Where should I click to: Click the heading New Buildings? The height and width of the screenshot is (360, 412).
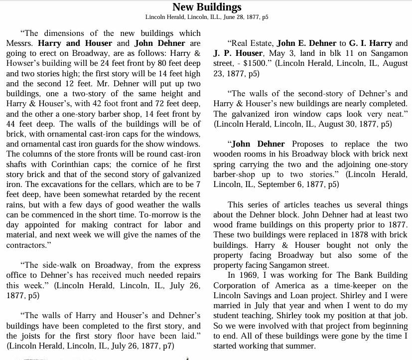tap(206, 7)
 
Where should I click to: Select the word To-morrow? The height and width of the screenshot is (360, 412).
tap(159, 214)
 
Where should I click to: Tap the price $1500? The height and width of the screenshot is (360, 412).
tap(261, 63)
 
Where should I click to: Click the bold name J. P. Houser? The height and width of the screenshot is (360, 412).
tap(238, 53)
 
